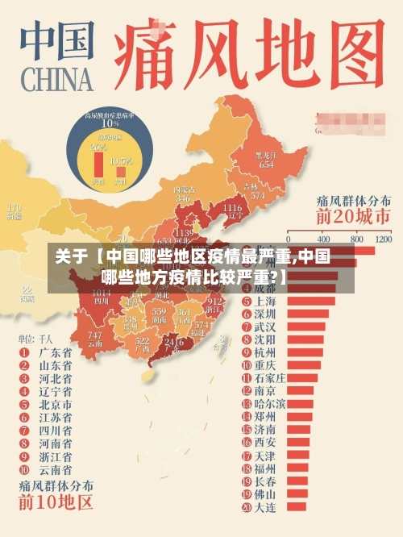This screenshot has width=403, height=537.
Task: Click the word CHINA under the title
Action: click(56, 80)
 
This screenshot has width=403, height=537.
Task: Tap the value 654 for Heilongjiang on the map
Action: click(266, 164)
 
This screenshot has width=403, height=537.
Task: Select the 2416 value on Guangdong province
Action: click(173, 343)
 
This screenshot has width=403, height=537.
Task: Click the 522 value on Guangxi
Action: click(143, 342)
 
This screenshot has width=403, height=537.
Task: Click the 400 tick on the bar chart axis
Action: click(324, 239)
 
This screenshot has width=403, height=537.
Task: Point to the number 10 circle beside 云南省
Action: click(24, 468)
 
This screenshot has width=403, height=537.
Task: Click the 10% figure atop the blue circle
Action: click(110, 124)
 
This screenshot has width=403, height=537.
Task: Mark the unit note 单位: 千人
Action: click(35, 339)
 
